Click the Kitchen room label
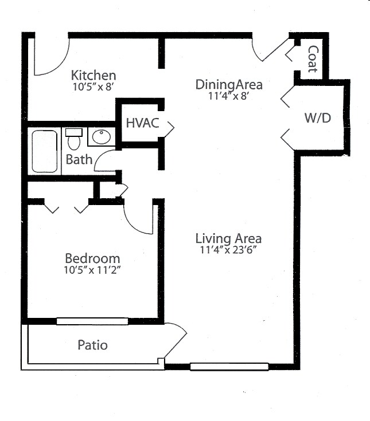click(x=94, y=75)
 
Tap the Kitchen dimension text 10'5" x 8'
click(x=94, y=88)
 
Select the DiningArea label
click(x=229, y=85)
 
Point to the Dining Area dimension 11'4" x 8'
click(x=229, y=97)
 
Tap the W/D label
click(x=318, y=119)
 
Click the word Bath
click(x=79, y=159)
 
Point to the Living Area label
click(x=228, y=238)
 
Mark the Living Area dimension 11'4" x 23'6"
click(x=228, y=250)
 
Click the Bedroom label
click(x=92, y=258)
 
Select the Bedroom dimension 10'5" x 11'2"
click(x=92, y=270)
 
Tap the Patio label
click(x=92, y=345)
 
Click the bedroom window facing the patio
click(x=92, y=321)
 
